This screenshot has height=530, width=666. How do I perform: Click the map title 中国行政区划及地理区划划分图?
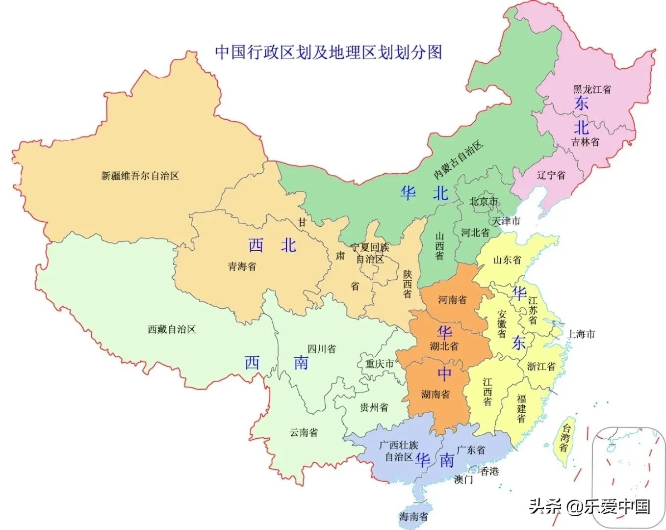[329, 52]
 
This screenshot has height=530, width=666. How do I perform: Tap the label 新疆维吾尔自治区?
[140, 176]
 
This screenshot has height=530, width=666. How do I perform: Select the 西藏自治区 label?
[172, 329]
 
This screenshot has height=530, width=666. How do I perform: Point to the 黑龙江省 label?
[592, 89]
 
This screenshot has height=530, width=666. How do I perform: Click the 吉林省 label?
[585, 142]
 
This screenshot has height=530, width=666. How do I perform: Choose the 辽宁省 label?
[551, 175]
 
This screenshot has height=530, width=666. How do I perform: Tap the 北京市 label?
[484, 201]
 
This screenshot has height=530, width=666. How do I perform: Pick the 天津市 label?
[506, 221]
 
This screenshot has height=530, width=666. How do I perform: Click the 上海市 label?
[581, 334]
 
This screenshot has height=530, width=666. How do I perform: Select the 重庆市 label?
[380, 364]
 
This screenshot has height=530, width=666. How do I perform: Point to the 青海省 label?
[242, 266]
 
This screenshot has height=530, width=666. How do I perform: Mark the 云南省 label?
[304, 432]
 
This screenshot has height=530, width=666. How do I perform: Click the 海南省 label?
[413, 516]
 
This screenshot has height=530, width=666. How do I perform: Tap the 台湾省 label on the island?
[565, 437]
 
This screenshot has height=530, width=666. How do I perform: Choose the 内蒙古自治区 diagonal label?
[458, 160]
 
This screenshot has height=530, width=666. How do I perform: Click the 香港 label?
[489, 471]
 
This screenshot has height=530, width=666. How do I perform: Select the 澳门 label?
[463, 479]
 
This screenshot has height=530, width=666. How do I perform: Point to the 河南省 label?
[452, 299]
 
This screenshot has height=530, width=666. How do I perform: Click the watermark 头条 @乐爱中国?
[589, 506]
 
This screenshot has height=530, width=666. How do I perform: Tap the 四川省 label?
[322, 349]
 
